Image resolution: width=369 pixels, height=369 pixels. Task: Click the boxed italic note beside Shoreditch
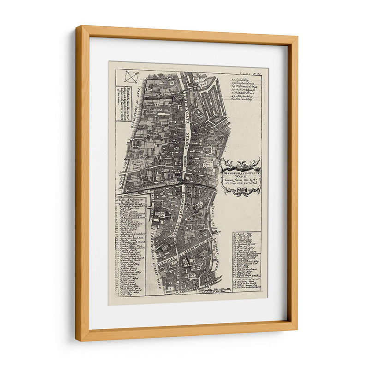pyautogui.click(x=124, y=96)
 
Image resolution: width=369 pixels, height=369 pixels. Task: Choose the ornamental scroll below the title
pyautogui.click(x=241, y=190)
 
